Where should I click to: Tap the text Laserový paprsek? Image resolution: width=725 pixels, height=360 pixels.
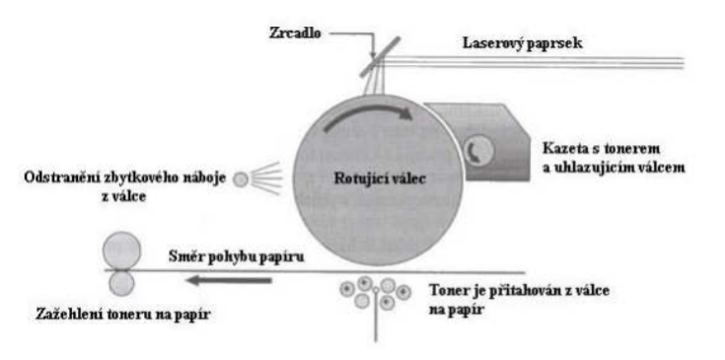click(523, 43)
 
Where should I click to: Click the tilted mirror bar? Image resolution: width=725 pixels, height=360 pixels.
click(380, 57)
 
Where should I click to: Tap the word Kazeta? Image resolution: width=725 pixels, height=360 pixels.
click(567, 149)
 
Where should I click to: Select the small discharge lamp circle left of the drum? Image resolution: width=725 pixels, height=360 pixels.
click(241, 180)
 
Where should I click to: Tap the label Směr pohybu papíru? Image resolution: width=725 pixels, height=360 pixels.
click(237, 256)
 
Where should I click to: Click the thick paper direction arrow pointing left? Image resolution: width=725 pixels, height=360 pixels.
click(229, 280)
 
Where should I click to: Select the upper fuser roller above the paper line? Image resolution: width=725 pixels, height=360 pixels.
click(121, 251)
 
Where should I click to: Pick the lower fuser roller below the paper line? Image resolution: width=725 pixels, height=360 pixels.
click(121, 283)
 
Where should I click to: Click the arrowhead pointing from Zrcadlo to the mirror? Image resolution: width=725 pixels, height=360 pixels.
click(374, 54)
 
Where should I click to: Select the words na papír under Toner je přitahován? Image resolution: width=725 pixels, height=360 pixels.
click(456, 309)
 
